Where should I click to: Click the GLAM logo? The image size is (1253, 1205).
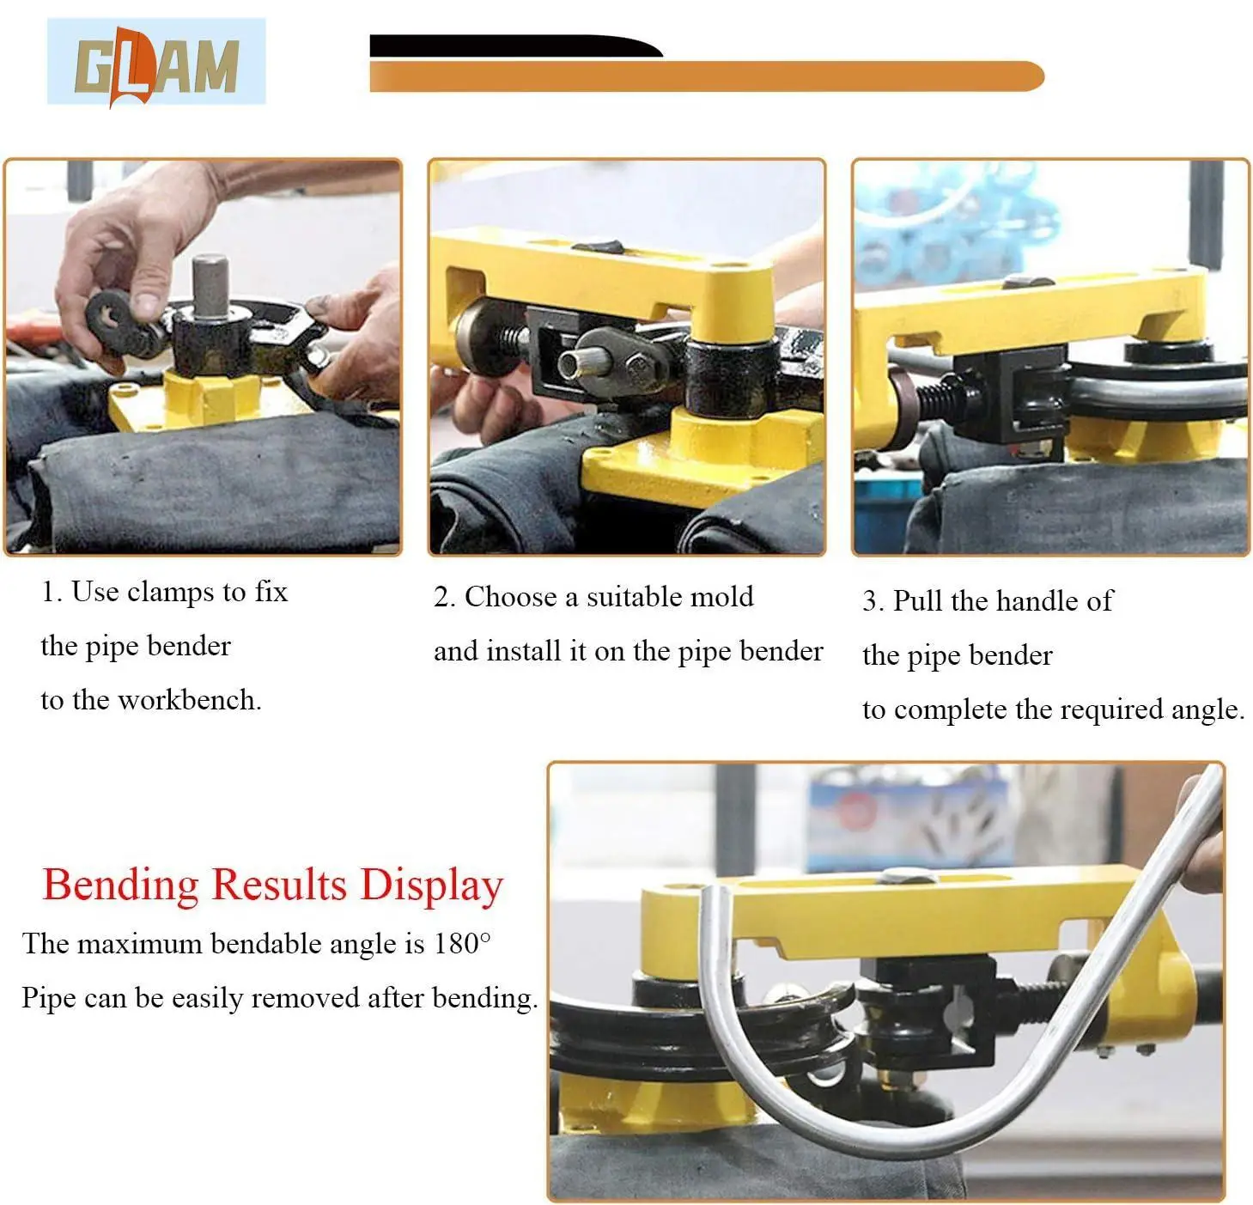tap(155, 63)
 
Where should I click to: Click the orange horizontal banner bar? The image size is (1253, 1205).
tap(704, 76)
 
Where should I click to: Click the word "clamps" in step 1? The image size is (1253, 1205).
tap(170, 592)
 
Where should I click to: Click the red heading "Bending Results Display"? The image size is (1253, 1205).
tap(272, 885)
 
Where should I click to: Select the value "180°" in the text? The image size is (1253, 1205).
tap(462, 944)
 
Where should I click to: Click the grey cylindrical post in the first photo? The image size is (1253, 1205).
tap(209, 287)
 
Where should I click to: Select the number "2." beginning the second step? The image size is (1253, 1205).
tap(444, 597)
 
